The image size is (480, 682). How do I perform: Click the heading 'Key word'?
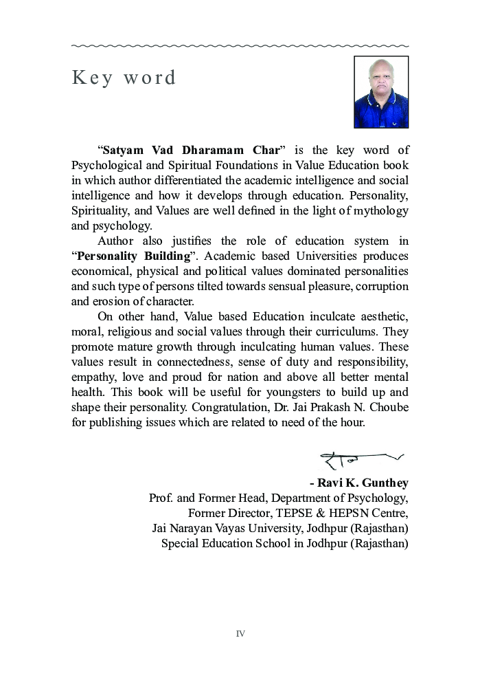[124, 78]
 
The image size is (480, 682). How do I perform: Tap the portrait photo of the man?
[381, 92]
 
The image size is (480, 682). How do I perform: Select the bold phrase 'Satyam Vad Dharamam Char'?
[192, 150]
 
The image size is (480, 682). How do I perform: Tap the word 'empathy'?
[93, 377]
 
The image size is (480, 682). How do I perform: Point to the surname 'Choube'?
[387, 407]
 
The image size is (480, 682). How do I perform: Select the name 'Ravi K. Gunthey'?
[363, 483]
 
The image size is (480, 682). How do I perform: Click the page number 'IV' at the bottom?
[240, 634]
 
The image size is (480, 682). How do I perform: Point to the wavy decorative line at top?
[240, 46]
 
